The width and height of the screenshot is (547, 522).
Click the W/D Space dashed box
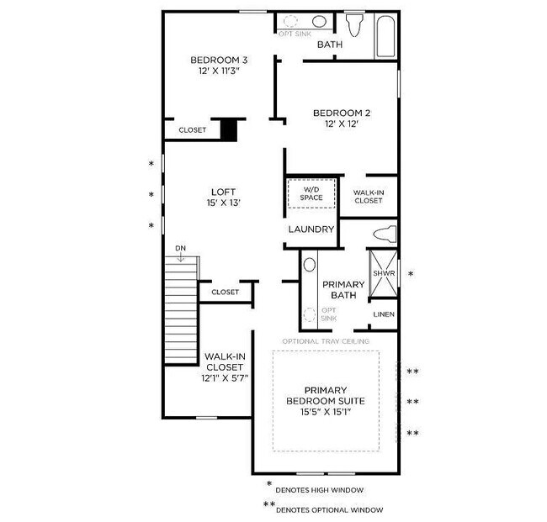pos(311,194)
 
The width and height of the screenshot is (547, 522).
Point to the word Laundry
pos(311,229)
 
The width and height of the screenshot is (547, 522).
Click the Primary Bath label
pos(343,290)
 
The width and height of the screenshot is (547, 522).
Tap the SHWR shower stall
pos(384,274)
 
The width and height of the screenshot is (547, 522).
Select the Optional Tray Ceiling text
pos(326,341)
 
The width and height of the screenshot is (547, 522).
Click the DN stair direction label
pos(180,248)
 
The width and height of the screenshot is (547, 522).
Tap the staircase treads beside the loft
pos(181,311)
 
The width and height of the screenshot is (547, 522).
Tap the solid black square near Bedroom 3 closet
pos(228,129)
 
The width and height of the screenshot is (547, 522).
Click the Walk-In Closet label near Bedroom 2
pos(369,197)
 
